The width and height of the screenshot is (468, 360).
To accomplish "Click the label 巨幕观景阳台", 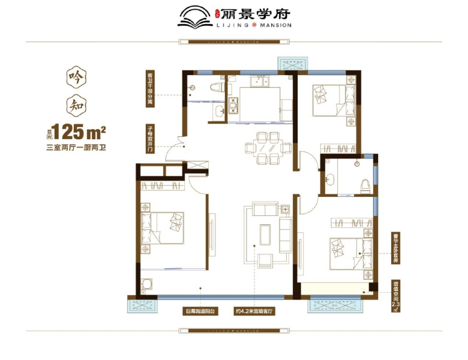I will point(200,312).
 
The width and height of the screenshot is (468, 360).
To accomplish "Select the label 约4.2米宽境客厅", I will point(254,312).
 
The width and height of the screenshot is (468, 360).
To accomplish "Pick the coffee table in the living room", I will point(265,233).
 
